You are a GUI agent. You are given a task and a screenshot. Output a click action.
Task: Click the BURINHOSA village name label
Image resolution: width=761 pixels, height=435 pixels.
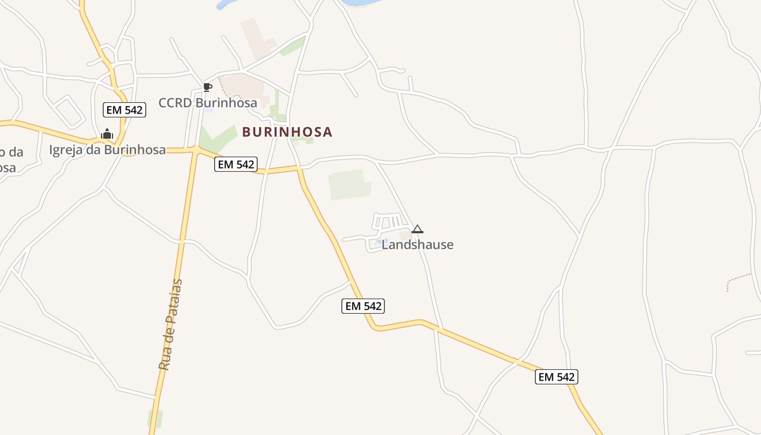287,132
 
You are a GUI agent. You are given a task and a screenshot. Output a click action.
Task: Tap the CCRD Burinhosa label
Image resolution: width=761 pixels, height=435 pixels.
208,102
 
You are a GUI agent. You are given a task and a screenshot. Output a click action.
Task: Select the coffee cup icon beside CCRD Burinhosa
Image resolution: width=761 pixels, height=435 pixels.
207,87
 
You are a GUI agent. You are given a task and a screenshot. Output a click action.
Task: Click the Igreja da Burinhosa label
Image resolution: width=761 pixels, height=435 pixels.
108,150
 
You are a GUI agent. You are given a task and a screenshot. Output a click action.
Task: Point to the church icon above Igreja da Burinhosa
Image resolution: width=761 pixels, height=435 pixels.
107,134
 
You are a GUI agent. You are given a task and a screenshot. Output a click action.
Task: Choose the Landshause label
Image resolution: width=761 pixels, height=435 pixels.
417,245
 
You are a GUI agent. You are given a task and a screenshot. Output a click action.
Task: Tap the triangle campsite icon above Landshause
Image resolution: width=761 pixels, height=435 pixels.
417,229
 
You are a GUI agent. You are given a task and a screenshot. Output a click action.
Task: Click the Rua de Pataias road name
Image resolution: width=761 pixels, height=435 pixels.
171,325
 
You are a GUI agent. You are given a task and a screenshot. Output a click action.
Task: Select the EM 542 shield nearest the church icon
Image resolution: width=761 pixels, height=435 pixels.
124,110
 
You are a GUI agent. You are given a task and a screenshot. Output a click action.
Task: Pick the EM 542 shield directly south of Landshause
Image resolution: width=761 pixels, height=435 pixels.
363,306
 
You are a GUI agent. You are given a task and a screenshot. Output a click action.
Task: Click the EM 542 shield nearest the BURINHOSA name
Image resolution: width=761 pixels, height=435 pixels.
236,164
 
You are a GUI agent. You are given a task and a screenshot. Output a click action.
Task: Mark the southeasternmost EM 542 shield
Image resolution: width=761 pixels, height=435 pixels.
557,377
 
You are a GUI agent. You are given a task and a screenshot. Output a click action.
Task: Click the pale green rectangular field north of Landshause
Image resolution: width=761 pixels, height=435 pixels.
349,184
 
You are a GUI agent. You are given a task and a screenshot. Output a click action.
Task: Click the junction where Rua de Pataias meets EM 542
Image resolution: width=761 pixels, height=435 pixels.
194,149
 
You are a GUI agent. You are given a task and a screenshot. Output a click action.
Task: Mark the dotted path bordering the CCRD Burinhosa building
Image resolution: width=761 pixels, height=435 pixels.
222,86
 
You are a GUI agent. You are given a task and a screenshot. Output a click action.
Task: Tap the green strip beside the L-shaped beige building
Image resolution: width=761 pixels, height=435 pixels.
292,46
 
